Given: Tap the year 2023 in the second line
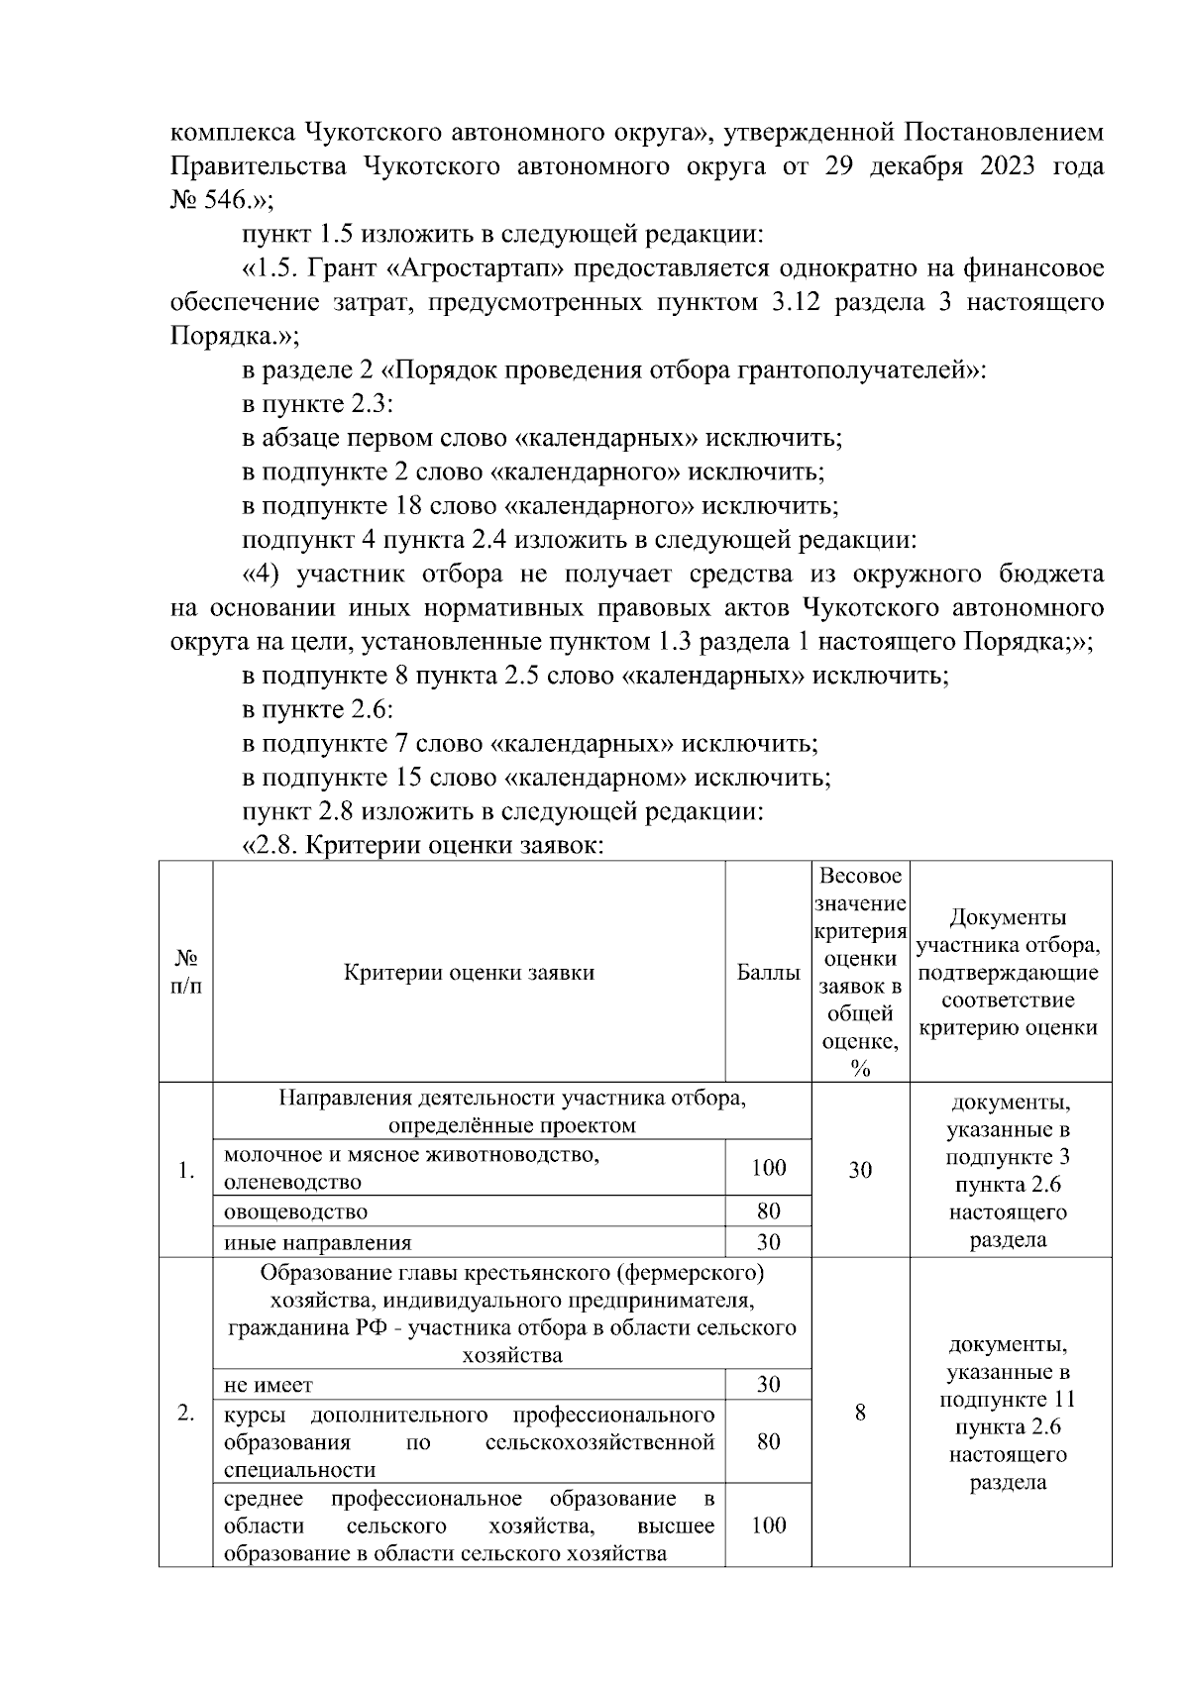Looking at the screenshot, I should [x=996, y=166].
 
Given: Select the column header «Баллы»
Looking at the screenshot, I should [x=768, y=973].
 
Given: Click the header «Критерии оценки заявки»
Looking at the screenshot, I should [x=469, y=973].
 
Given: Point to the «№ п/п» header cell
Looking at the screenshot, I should [x=186, y=973].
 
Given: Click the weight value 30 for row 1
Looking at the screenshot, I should [x=860, y=1170].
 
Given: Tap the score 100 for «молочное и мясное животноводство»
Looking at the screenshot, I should [x=768, y=1168].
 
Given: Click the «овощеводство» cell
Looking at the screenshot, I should [x=296, y=1211].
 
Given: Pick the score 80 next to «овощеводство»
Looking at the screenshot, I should [x=768, y=1210].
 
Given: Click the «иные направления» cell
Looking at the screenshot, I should [x=317, y=1242].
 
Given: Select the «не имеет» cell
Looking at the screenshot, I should [x=269, y=1385].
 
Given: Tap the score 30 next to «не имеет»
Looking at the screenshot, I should [x=768, y=1385].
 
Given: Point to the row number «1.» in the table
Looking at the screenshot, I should [x=186, y=1171].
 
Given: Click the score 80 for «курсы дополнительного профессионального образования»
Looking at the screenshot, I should [x=768, y=1441].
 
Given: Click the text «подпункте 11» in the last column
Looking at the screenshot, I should [x=1008, y=1400].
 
